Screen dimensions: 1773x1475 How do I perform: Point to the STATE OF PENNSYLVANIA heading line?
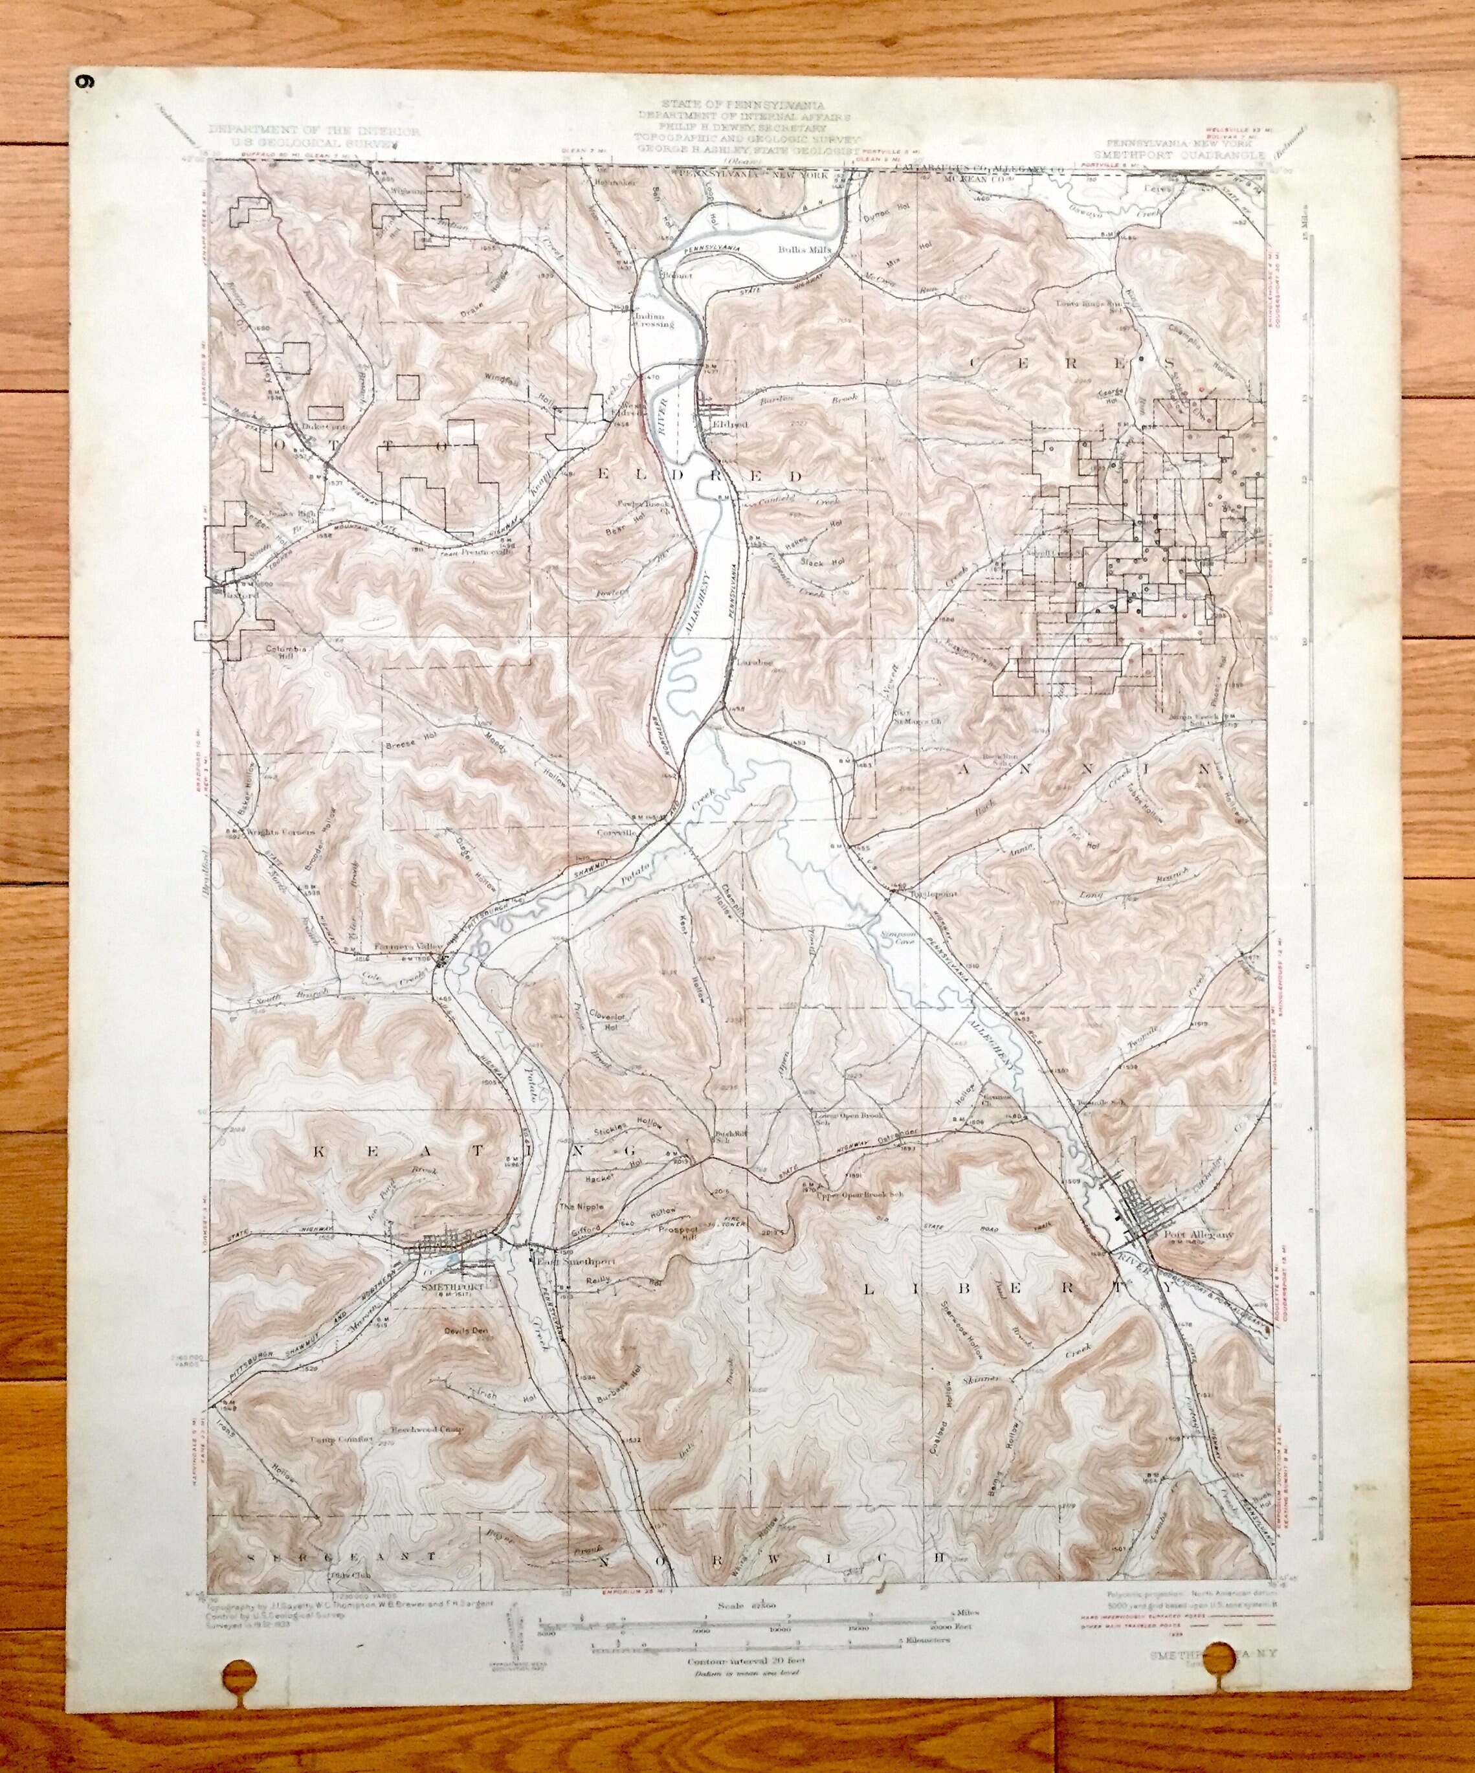point(744,103)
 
